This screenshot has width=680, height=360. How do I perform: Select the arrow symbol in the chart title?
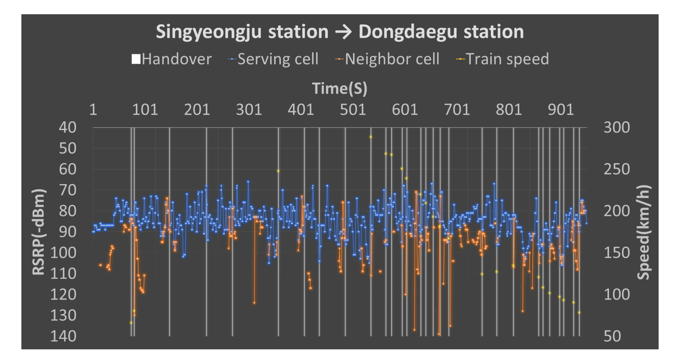[x=343, y=32]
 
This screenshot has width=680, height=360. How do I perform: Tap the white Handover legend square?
[x=136, y=59]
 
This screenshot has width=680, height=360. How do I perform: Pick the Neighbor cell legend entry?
[x=387, y=59]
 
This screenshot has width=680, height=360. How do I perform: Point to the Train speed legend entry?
[x=503, y=59]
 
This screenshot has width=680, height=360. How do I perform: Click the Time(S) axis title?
[x=339, y=89]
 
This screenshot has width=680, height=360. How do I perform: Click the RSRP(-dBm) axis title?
[x=39, y=232]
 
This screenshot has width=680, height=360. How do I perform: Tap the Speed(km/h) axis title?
[x=644, y=232]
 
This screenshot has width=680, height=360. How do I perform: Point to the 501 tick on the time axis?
[x=353, y=110]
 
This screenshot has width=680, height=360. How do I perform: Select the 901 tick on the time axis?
[x=561, y=110]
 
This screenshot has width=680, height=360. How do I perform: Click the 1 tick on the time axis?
[x=93, y=110]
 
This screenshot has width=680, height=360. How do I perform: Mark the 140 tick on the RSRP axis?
[x=64, y=336]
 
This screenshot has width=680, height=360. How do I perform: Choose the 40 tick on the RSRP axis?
[x=67, y=127]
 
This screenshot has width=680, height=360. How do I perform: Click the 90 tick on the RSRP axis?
[x=67, y=232]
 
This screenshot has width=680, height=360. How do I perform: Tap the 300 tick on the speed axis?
[x=616, y=127]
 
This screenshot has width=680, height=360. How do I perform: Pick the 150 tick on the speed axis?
[x=616, y=252]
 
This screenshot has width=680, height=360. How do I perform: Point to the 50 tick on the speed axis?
[x=612, y=336]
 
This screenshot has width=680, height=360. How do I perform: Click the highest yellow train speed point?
[x=371, y=137]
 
